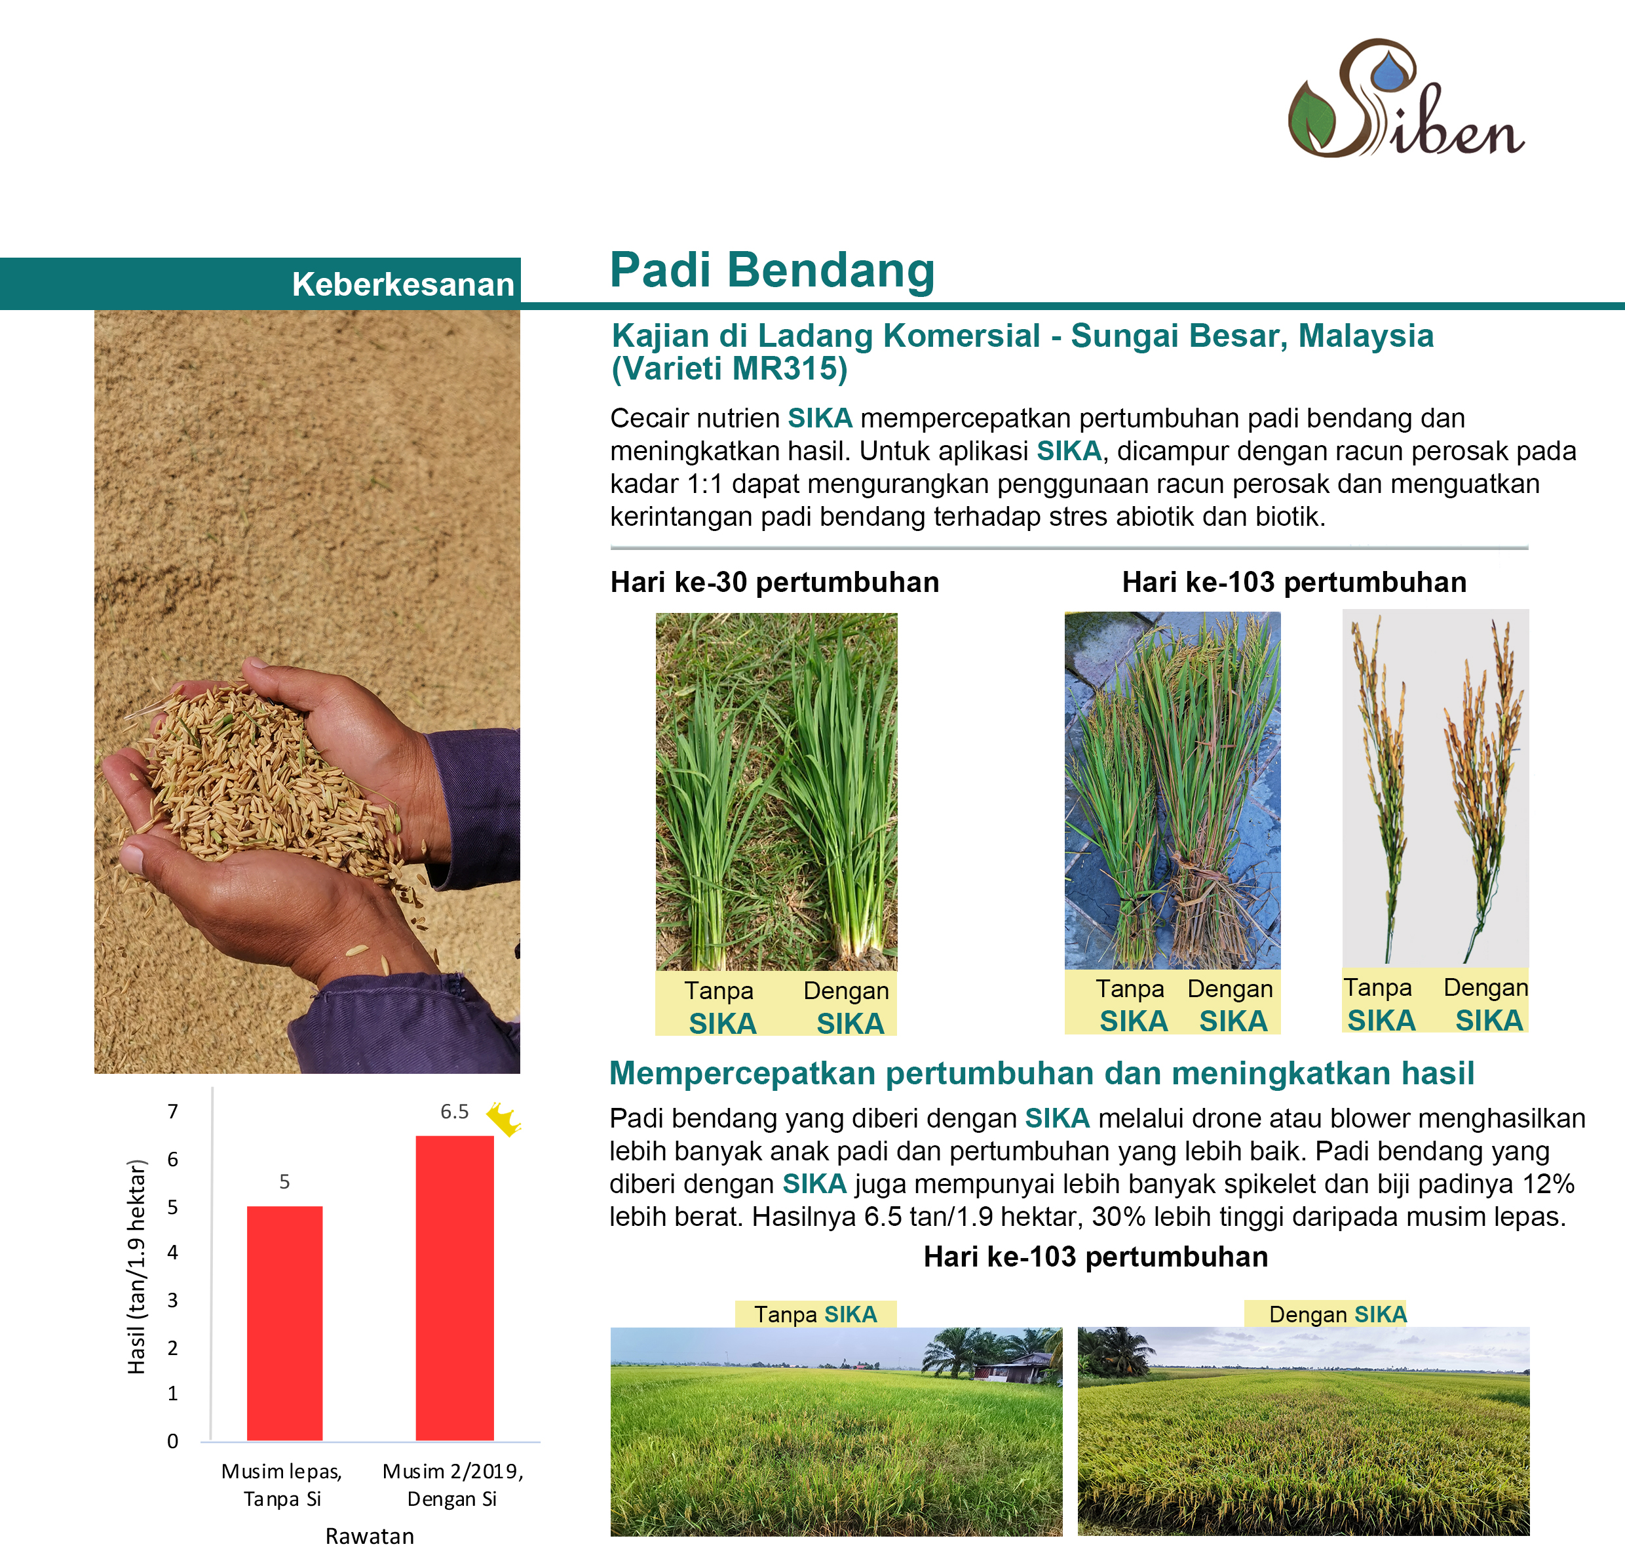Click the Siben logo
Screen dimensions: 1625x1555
pyautogui.click(x=1405, y=98)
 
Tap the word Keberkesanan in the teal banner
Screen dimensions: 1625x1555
pyautogui.click(x=403, y=285)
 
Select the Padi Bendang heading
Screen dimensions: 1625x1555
pyautogui.click(x=773, y=270)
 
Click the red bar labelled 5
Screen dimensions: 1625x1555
pyautogui.click(x=284, y=1323)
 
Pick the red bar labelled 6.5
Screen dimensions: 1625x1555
pyautogui.click(x=454, y=1288)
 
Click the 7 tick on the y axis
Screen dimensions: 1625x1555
pyautogui.click(x=172, y=1112)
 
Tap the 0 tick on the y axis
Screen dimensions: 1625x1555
pyautogui.click(x=172, y=1441)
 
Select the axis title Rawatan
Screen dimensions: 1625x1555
pyautogui.click(x=370, y=1536)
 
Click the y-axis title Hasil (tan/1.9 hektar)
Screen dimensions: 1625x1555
pyautogui.click(x=137, y=1267)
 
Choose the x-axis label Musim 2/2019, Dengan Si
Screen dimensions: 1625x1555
pyautogui.click(x=453, y=1485)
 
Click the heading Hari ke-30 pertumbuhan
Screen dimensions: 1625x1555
pyautogui.click(x=774, y=582)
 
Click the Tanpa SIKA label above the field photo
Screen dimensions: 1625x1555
pyautogui.click(x=815, y=1314)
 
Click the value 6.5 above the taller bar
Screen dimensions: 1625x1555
pyautogui.click(x=454, y=1112)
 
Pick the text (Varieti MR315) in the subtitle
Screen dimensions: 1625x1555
pyautogui.click(x=729, y=369)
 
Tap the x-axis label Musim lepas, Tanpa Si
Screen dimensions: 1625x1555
pyautogui.click(x=282, y=1485)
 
